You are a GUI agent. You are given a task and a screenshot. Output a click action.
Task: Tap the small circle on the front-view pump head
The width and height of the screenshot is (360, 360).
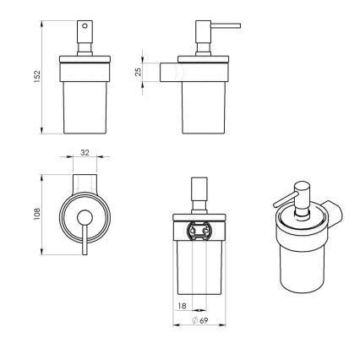click(83, 27)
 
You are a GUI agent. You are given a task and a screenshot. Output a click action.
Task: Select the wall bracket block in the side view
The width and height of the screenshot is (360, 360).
click(170, 73)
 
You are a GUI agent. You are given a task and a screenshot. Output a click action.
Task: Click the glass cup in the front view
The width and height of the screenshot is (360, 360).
click(85, 106)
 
